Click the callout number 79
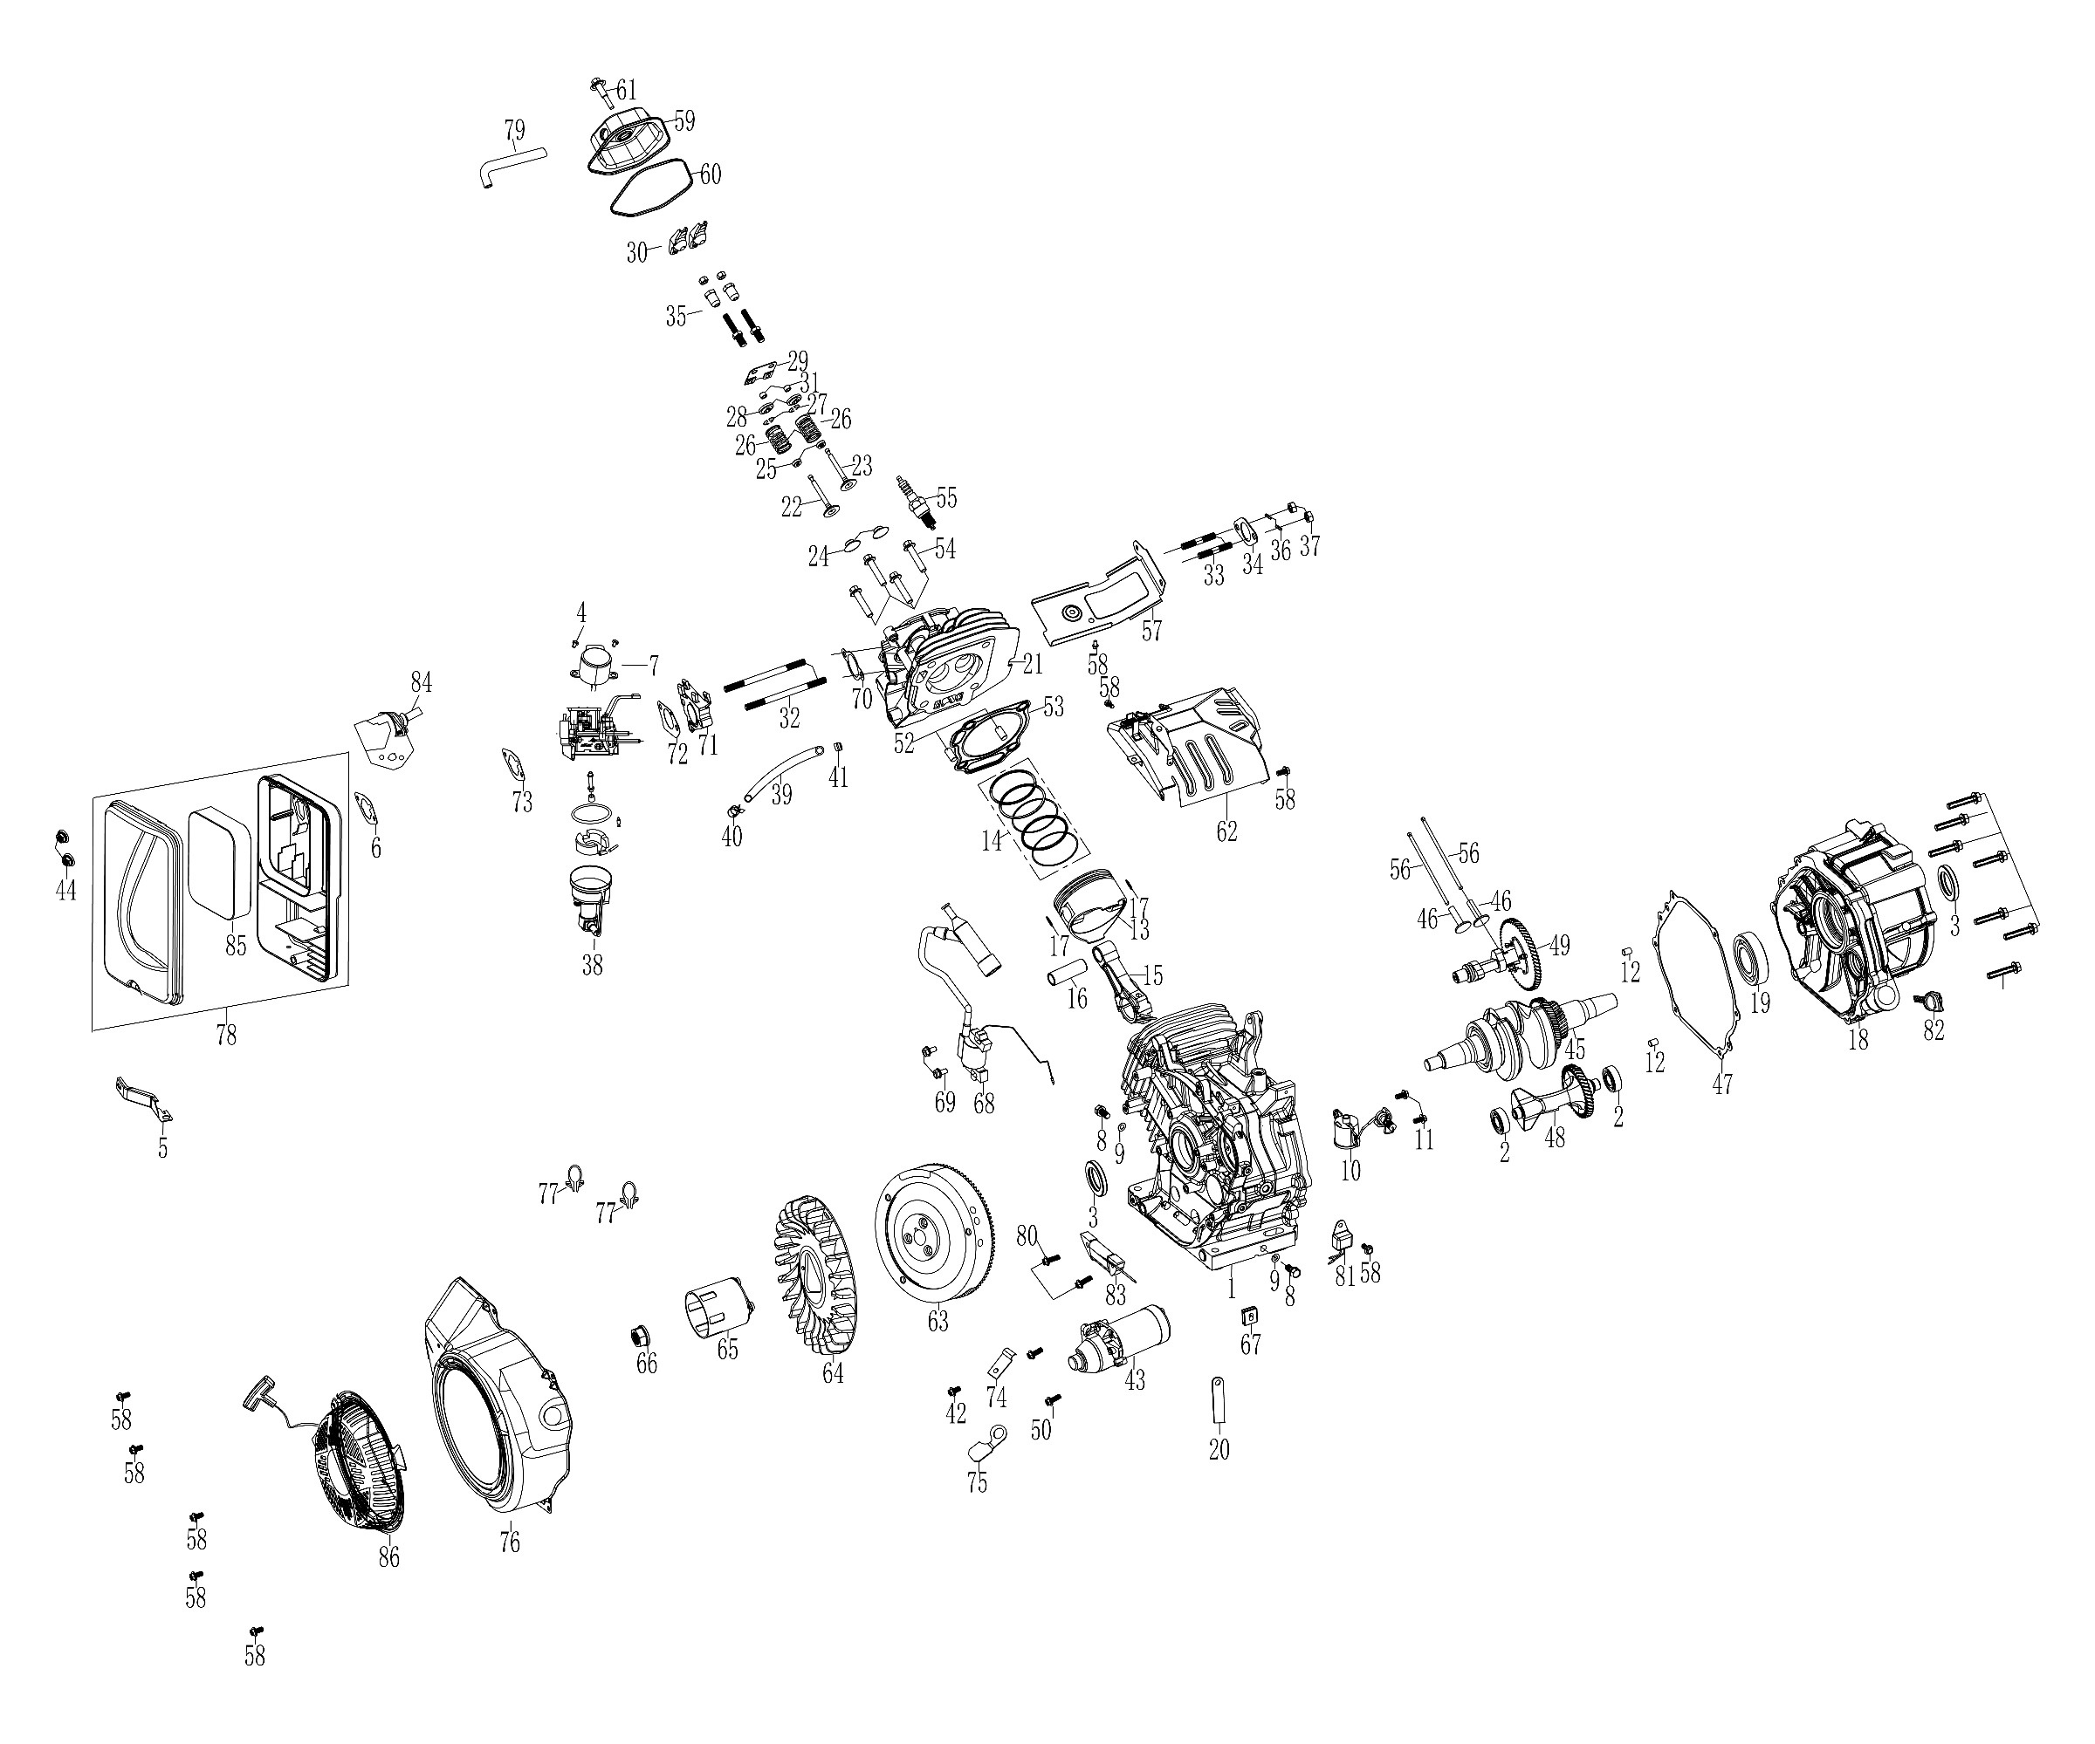514,131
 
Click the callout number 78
226,1035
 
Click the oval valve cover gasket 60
650,188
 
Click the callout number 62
1226,831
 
